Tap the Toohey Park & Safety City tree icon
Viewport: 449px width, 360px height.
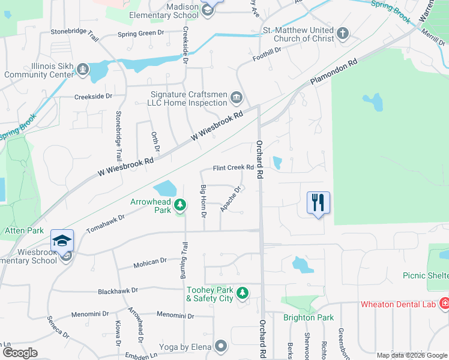pyautogui.click(x=243, y=293)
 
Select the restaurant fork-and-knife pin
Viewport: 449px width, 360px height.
pyautogui.click(x=318, y=202)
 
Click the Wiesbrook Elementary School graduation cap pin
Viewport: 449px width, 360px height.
pyautogui.click(x=62, y=241)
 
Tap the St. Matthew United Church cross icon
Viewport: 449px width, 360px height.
pyautogui.click(x=343, y=34)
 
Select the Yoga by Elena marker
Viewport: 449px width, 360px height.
pyautogui.click(x=221, y=346)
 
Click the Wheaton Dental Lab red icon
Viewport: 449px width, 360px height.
pyautogui.click(x=444, y=304)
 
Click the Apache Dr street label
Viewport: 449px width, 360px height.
pyautogui.click(x=231, y=199)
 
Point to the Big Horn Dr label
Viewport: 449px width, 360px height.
pyautogui.click(x=203, y=202)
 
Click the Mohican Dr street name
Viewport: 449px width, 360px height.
pyautogui.click(x=150, y=262)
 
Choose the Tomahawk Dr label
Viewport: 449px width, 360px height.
pyautogui.click(x=105, y=224)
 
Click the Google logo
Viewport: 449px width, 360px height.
pyautogui.click(x=20, y=352)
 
